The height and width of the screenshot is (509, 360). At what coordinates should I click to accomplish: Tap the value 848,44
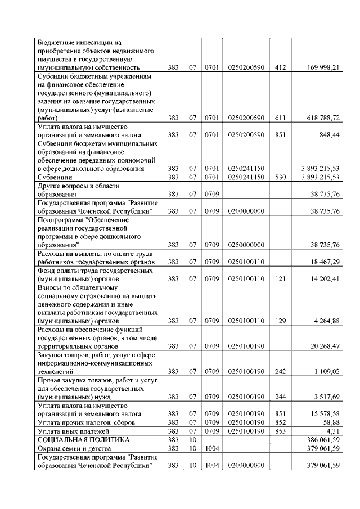tap(327, 135)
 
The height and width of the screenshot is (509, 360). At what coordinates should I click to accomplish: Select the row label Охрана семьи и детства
tap(72, 448)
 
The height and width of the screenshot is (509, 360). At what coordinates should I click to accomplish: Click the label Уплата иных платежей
tap(70, 430)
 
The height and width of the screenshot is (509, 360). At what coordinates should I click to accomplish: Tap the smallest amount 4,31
tap(331, 430)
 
